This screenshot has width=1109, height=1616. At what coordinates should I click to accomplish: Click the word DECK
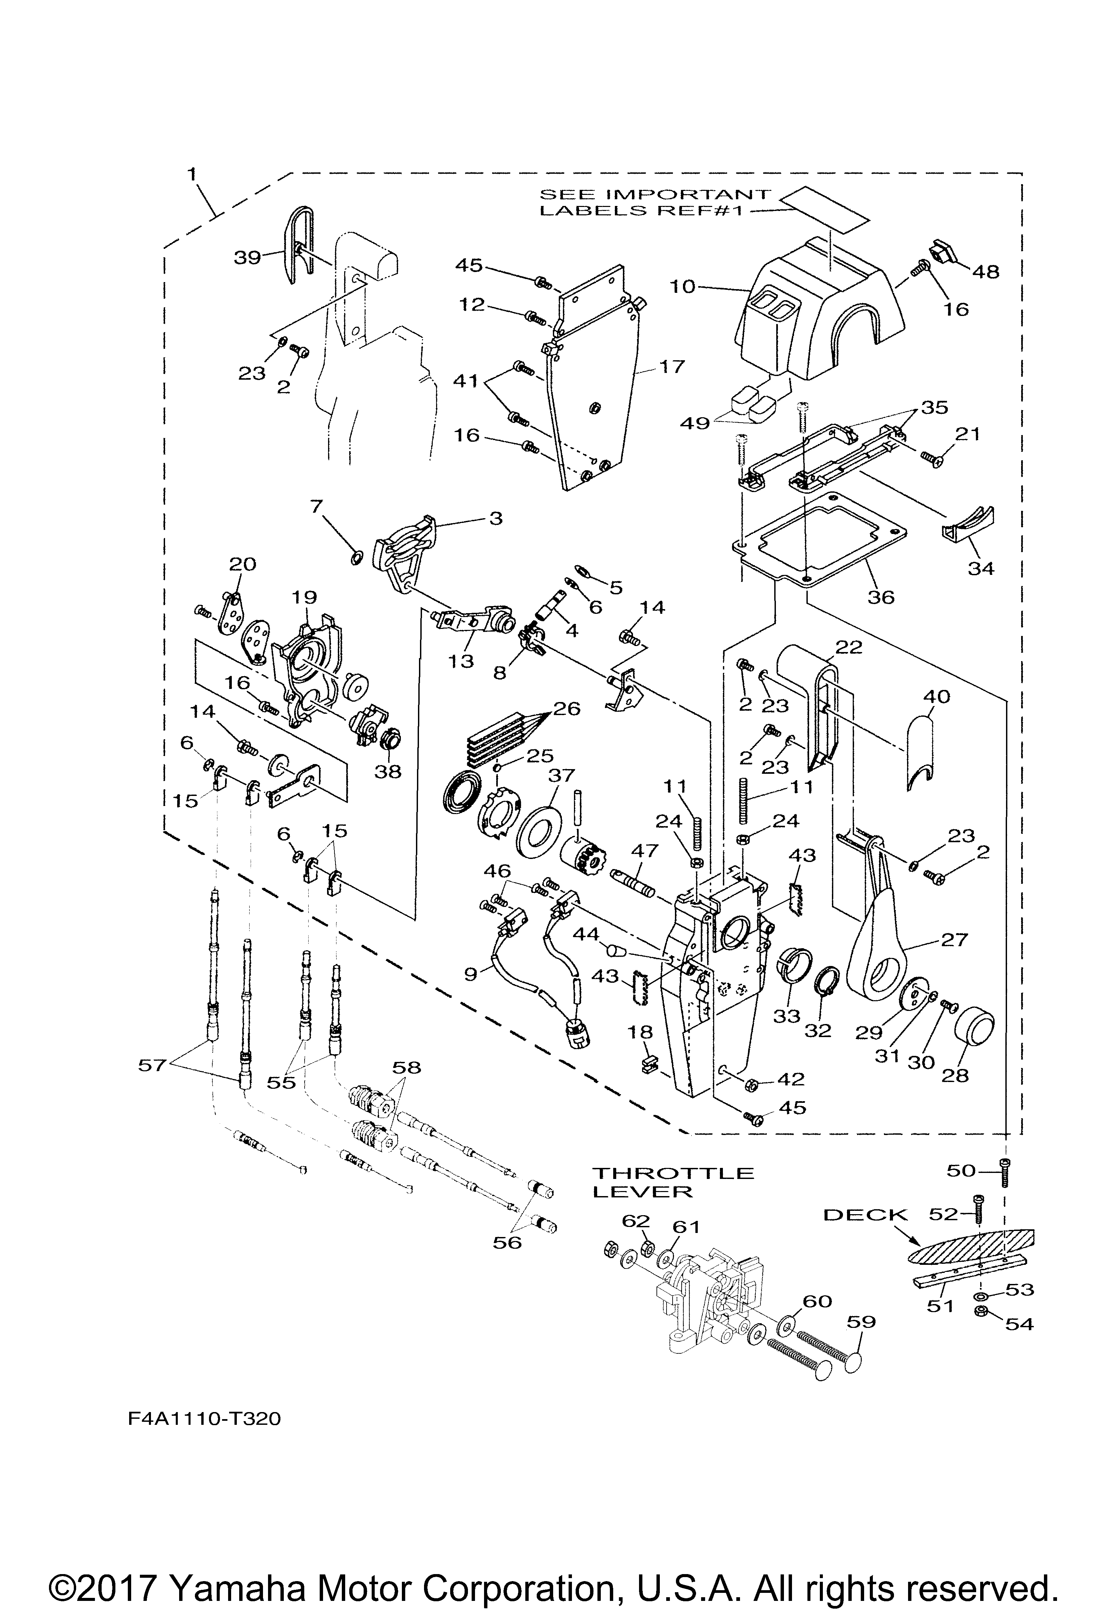coord(866,1215)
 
